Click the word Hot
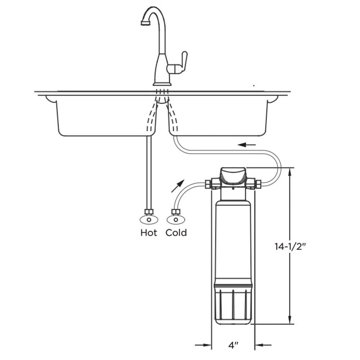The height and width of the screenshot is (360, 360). coord(148,233)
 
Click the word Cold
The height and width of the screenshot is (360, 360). coord(176,233)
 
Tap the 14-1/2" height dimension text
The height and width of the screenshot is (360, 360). coord(291,247)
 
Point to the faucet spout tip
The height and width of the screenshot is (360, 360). coord(143,23)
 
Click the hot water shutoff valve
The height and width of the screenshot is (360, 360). coord(149,219)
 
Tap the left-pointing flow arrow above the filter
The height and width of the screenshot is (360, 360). coord(247,144)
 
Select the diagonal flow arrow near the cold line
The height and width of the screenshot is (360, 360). coord(178,186)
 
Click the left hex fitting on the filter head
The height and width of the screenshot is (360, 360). coord(208,184)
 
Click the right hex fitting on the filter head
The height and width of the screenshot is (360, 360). coord(258,184)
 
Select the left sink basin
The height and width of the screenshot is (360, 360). coord(105,116)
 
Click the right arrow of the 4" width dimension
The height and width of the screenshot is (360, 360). coord(264,345)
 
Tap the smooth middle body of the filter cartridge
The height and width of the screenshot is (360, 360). coord(233,240)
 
